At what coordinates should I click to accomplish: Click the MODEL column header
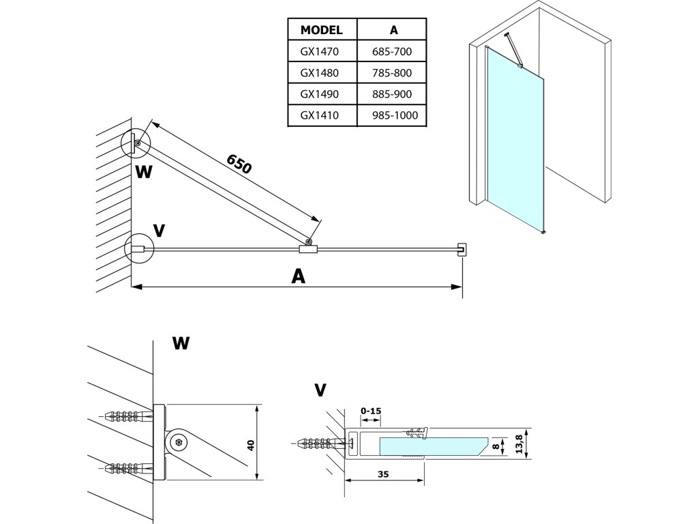[x=321, y=30]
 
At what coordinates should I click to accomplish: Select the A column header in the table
[x=393, y=30]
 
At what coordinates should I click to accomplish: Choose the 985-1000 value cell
[x=393, y=115]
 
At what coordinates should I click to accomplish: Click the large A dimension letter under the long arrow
[x=298, y=275]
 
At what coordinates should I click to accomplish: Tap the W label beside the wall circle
[x=143, y=171]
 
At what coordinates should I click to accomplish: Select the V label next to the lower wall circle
[x=159, y=231]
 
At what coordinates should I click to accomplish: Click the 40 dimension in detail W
[x=251, y=444]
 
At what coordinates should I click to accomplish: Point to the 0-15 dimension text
[x=370, y=411]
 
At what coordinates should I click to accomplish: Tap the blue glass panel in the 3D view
[x=516, y=143]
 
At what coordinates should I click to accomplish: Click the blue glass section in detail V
[x=429, y=446]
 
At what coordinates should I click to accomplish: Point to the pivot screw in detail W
[x=179, y=442]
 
